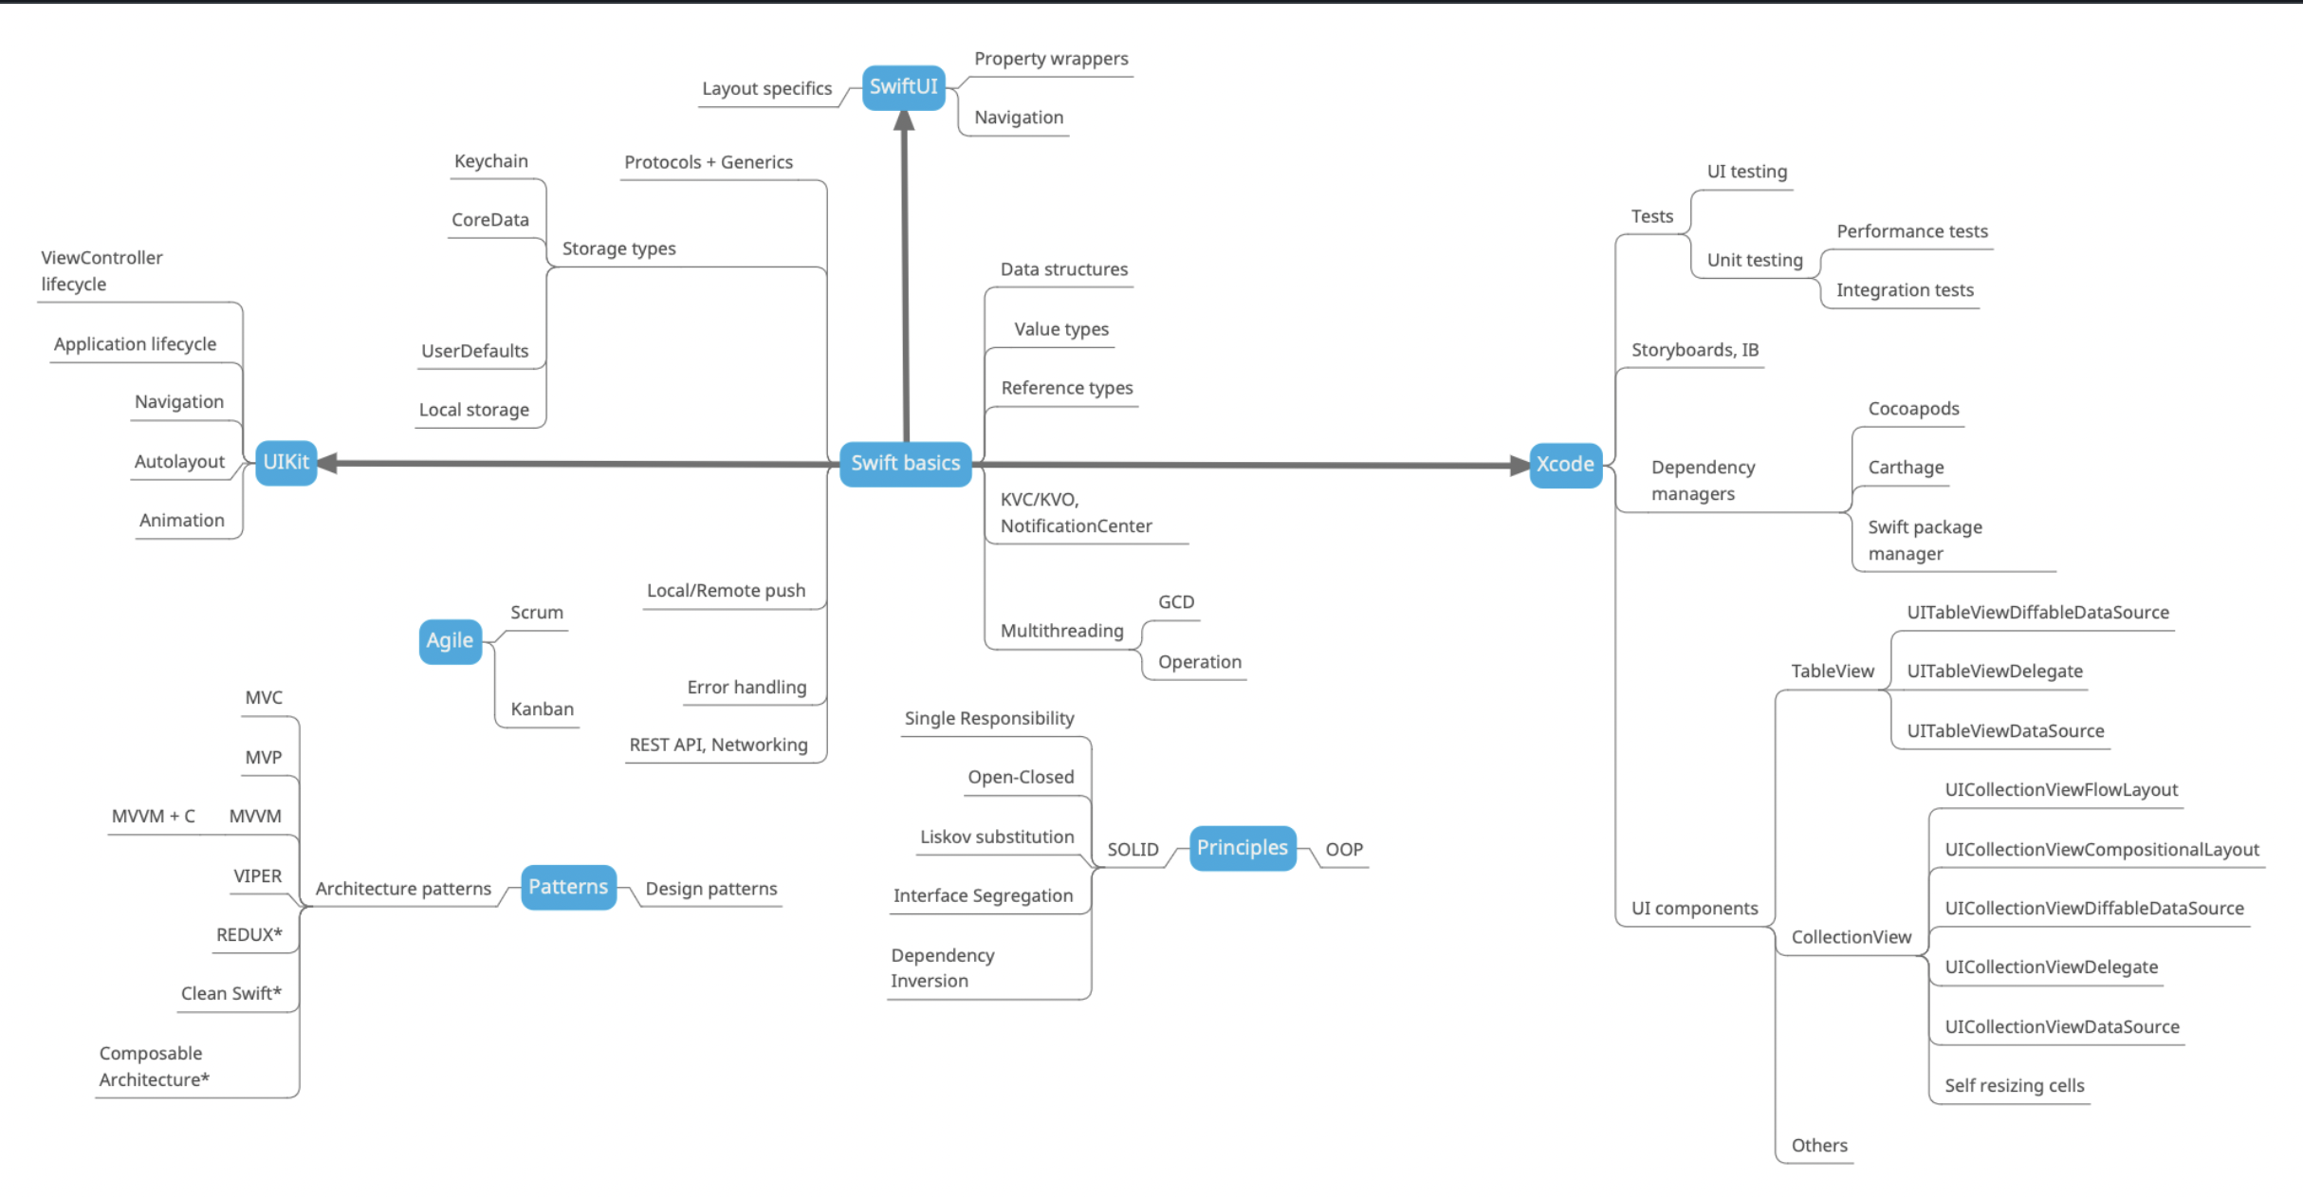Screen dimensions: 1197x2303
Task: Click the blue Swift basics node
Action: click(905, 463)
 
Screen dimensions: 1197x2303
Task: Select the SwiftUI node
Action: click(903, 87)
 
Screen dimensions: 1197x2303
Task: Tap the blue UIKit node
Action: click(286, 462)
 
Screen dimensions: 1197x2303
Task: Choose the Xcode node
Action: click(1565, 465)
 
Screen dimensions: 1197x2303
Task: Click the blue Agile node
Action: click(450, 641)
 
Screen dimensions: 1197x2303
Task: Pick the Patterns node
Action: click(568, 887)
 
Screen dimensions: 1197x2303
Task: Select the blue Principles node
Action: click(1242, 848)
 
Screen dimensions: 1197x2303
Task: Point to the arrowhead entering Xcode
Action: click(1519, 465)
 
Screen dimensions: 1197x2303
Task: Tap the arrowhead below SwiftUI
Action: click(904, 121)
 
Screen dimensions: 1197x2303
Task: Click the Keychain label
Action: click(490, 161)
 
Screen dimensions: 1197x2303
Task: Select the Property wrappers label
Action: click(1051, 59)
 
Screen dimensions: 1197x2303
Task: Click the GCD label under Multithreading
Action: click(1175, 602)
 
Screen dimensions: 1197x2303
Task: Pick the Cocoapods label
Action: click(1913, 409)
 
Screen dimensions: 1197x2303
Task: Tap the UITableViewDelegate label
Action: click(1995, 672)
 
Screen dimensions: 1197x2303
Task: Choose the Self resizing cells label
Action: click(2014, 1086)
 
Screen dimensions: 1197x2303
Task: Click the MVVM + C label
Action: click(153, 817)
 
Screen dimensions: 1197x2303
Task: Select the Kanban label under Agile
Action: click(542, 709)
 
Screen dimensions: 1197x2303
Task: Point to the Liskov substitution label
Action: click(996, 838)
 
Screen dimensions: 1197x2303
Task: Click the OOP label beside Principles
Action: click(1343, 850)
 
